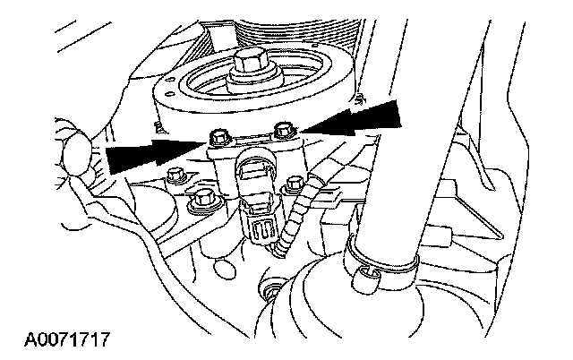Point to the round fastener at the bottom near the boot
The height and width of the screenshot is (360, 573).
point(267,290)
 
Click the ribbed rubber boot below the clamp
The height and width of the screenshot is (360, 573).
point(340,313)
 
